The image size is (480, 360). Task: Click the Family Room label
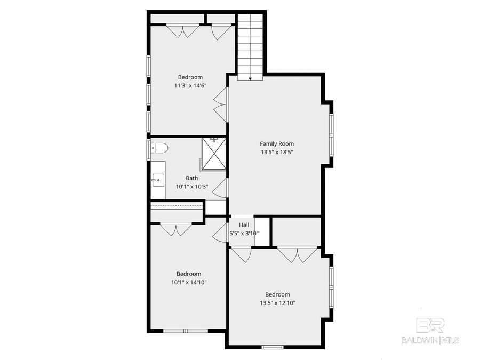(276, 143)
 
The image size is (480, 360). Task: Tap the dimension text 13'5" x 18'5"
(276, 152)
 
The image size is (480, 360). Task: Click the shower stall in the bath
(213, 154)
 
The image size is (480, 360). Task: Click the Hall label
(244, 225)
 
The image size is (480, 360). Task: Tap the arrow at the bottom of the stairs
(250, 78)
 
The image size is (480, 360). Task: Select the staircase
(250, 45)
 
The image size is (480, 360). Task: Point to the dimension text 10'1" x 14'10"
(188, 282)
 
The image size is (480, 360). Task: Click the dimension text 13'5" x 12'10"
(277, 303)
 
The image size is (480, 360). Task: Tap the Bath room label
(191, 178)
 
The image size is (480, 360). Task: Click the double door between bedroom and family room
(220, 104)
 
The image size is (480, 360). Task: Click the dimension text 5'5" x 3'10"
(244, 233)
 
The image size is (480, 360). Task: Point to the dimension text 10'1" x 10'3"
(191, 187)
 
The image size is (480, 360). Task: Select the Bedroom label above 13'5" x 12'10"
(277, 294)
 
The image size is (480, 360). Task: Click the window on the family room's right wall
(331, 133)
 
